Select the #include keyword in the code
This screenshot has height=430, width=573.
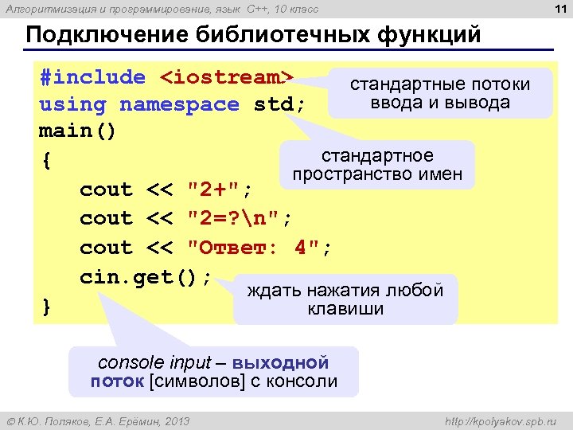pyautogui.click(x=92, y=78)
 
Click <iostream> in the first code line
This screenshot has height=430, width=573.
pyautogui.click(x=228, y=78)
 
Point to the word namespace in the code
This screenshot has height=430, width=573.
pyautogui.click(x=179, y=104)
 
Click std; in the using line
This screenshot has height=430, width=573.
pyautogui.click(x=279, y=104)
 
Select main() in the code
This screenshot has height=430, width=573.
pyautogui.click(x=78, y=131)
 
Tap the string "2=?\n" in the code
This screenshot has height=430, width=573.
pyautogui.click(x=239, y=219)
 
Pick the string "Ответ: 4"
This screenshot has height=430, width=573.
pyautogui.click(x=258, y=248)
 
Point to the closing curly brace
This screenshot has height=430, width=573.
pyautogui.click(x=45, y=307)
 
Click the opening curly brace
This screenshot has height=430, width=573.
pyautogui.click(x=47, y=161)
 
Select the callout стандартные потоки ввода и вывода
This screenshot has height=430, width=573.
pyautogui.click(x=440, y=93)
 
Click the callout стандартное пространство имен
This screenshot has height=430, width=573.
pyautogui.click(x=377, y=165)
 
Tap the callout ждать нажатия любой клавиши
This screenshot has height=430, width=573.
pyautogui.click(x=345, y=299)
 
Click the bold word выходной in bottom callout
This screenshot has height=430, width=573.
pyautogui.click(x=291, y=362)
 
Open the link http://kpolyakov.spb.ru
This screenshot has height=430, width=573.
pyautogui.click(x=500, y=420)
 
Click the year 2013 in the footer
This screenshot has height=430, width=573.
pyautogui.click(x=176, y=420)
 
